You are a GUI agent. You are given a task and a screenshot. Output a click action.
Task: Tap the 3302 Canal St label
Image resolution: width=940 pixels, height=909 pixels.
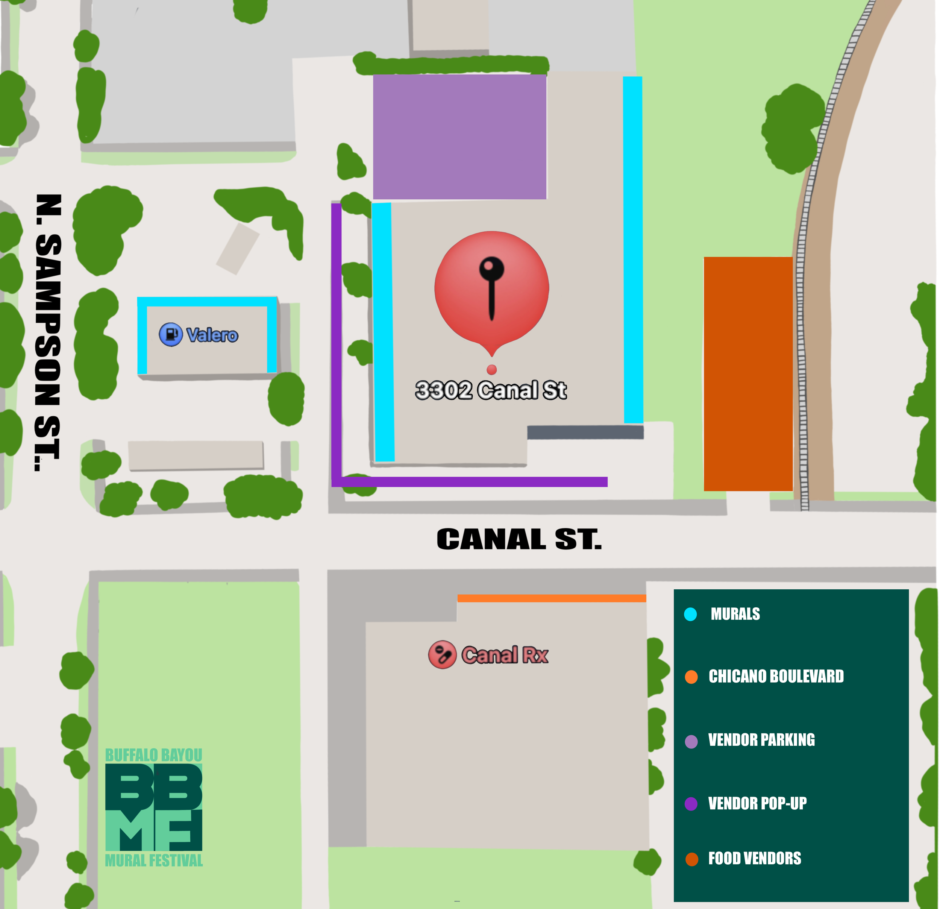(491, 390)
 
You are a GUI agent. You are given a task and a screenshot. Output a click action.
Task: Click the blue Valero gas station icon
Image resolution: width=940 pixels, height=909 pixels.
(171, 334)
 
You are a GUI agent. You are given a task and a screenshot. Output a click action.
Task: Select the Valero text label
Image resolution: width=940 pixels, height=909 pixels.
(212, 335)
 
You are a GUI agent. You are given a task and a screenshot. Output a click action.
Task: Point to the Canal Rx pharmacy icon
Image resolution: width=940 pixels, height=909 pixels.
(442, 654)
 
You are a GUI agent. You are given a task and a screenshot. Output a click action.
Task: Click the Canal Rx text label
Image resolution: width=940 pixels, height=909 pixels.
(505, 655)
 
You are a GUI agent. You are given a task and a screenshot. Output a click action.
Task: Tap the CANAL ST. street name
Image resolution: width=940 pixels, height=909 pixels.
(519, 539)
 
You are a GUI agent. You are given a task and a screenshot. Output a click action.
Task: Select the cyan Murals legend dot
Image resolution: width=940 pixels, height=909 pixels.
(691, 615)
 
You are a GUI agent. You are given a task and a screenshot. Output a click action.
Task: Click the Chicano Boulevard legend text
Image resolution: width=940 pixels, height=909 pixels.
(776, 676)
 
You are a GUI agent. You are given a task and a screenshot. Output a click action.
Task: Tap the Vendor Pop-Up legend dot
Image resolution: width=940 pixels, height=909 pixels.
(691, 803)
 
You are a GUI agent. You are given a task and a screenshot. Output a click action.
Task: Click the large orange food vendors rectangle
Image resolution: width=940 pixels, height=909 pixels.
(748, 374)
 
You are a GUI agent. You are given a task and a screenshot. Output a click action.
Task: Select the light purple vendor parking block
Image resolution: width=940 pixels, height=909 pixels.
(459, 137)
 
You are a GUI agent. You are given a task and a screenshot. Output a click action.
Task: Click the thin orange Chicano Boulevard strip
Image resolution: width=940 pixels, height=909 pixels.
(552, 598)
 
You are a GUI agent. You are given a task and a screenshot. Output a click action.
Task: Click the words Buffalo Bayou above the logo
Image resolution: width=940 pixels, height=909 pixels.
(153, 755)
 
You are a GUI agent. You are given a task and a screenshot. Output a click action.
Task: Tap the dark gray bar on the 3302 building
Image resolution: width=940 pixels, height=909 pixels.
(585, 432)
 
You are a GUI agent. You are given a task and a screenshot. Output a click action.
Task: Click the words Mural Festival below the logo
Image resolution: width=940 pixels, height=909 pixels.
(153, 860)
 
